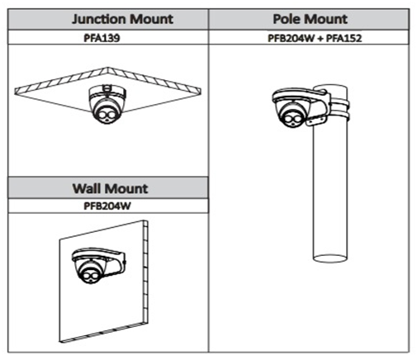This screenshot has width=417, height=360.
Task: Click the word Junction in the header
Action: pos(98,19)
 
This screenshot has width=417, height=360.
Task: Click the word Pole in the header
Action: pos(287,19)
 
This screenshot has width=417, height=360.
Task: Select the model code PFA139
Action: pos(102,38)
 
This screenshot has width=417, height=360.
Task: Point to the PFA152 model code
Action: pos(344,38)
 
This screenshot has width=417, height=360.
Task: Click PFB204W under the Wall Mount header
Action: pos(107,206)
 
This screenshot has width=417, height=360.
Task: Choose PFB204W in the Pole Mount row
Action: pos(291,38)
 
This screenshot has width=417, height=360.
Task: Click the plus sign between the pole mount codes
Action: pos(320,38)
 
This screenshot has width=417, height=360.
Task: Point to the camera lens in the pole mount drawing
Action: pos(291,119)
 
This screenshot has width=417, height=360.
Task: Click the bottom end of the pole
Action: pos(330,258)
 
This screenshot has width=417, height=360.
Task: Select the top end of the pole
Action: pos(330,88)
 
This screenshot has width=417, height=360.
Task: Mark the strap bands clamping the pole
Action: pos(339,111)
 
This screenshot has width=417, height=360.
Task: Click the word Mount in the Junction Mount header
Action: pos(151,19)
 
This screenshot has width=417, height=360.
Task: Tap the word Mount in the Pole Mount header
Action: pos(325,19)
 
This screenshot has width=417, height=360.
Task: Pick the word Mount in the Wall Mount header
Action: pos(126,188)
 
